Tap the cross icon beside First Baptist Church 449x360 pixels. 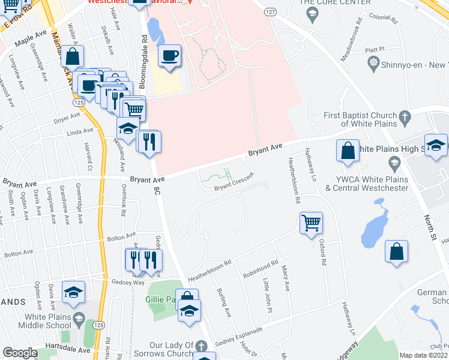click(405, 116)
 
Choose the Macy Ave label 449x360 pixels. click(286, 280)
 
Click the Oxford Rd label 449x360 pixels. click(322, 253)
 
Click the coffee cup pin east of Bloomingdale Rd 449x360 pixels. click(169, 56)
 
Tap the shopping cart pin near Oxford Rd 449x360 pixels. click(311, 223)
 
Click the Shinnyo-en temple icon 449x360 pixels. click(373, 63)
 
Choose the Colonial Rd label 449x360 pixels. click(384, 18)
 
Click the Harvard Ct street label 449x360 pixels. click(90, 158)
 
